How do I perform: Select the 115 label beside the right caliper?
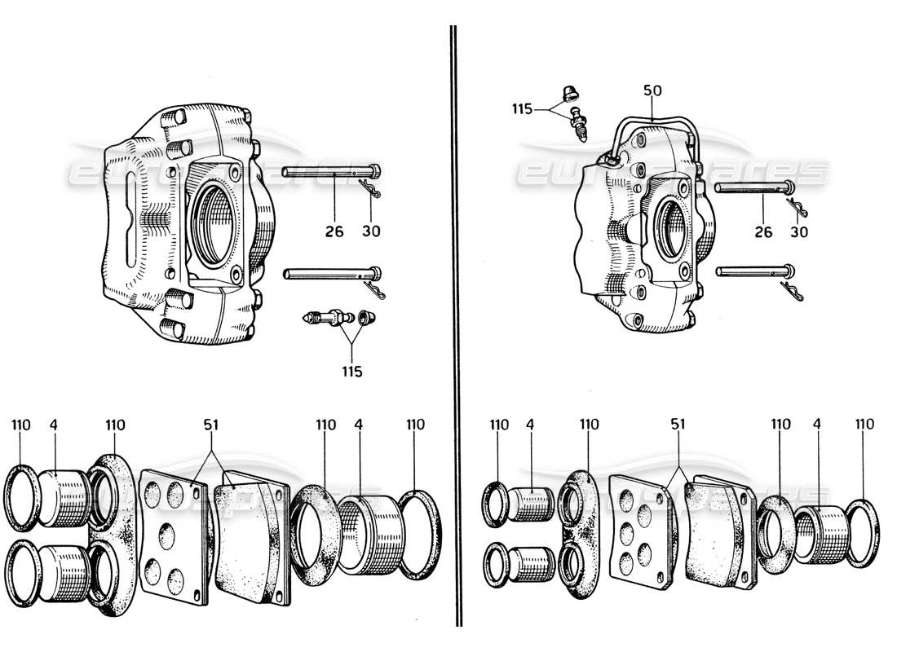point(522,108)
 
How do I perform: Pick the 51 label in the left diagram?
point(212,425)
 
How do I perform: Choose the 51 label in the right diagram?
point(678,425)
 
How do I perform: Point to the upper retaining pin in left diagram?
point(330,172)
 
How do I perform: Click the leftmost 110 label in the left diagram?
point(21,425)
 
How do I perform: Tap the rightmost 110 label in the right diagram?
point(864,425)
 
